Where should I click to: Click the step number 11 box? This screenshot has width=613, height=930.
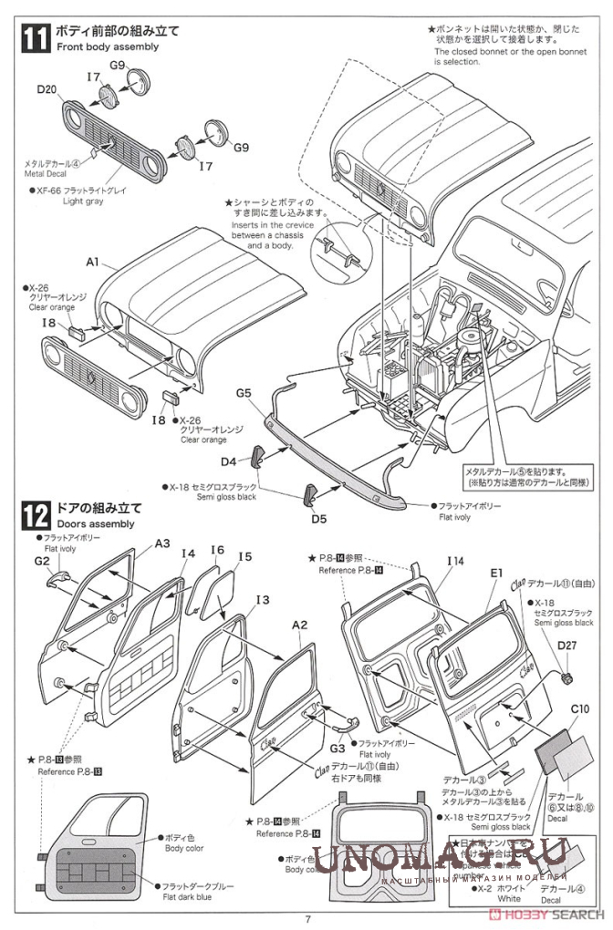coord(34,37)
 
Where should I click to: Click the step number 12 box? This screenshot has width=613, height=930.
coord(34,515)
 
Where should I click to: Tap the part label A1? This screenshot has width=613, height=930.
coord(92,262)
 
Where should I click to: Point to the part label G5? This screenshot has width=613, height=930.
coord(243,392)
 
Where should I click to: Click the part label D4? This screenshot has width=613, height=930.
coord(228,461)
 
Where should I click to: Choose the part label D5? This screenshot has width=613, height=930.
coord(318,520)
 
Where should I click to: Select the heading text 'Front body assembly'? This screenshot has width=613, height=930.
coord(108,46)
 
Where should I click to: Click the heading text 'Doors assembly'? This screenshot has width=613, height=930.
coord(95,524)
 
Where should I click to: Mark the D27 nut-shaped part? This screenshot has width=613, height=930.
coord(565,677)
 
